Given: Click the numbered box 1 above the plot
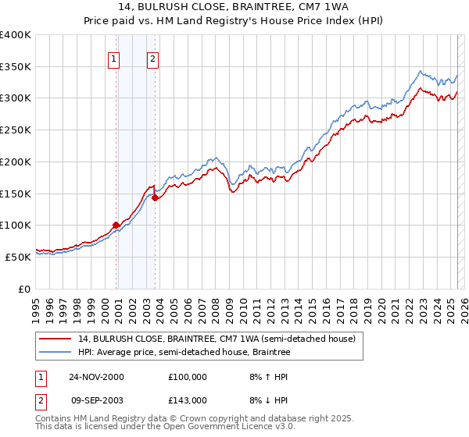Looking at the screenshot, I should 114,59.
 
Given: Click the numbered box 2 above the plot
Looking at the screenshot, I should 152,59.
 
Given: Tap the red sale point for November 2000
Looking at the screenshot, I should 116,225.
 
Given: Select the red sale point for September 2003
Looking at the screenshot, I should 155,198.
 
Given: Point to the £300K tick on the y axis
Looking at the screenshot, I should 16,98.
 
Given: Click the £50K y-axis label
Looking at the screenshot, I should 18,256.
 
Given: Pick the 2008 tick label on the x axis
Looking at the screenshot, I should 215,304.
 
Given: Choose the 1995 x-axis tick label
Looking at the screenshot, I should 36,304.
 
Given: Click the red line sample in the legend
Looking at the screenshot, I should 56,339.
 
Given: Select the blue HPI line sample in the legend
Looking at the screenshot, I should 56,353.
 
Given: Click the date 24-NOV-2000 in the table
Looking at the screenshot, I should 96,376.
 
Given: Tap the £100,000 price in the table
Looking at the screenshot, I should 188,376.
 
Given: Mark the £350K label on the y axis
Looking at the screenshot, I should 16,67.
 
